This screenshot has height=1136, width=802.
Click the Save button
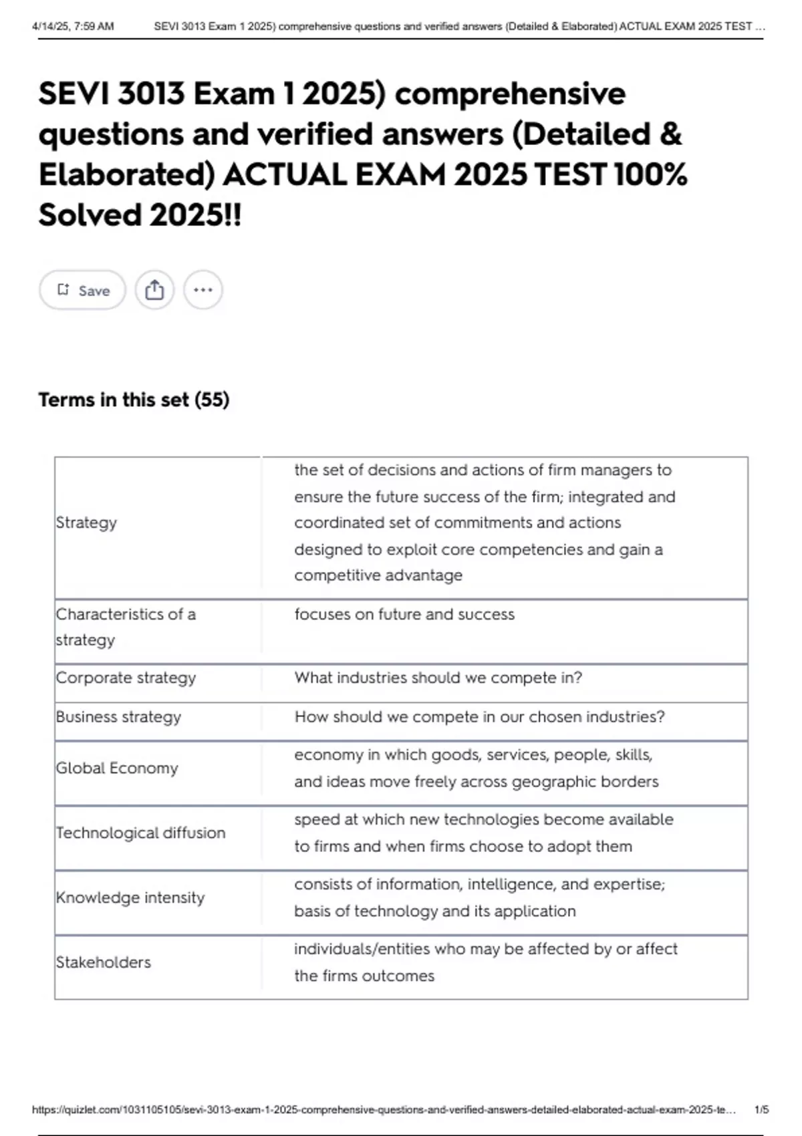tap(83, 290)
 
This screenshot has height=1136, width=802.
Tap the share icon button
tap(154, 290)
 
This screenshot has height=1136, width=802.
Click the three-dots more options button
tap(203, 290)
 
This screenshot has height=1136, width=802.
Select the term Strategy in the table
tap(86, 523)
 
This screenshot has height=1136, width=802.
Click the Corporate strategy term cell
tap(126, 678)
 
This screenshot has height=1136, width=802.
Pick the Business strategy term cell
tap(118, 716)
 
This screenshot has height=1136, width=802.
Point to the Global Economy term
tap(117, 768)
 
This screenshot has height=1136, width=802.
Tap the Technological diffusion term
tap(140, 833)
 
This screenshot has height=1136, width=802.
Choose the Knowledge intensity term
tap(130, 897)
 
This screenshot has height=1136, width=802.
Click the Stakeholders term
tap(104, 962)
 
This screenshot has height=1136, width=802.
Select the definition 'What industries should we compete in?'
tap(438, 678)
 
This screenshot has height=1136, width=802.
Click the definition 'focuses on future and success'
tap(404, 614)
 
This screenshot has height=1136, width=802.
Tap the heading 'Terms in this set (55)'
tap(134, 400)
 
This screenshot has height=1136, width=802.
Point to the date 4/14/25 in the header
tap(53, 27)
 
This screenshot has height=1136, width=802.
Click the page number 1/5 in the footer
tap(761, 1109)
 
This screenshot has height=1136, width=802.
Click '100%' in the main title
tap(650, 174)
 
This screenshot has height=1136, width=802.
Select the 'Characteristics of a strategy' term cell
tap(126, 627)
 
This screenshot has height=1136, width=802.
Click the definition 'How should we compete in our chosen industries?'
tap(479, 716)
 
